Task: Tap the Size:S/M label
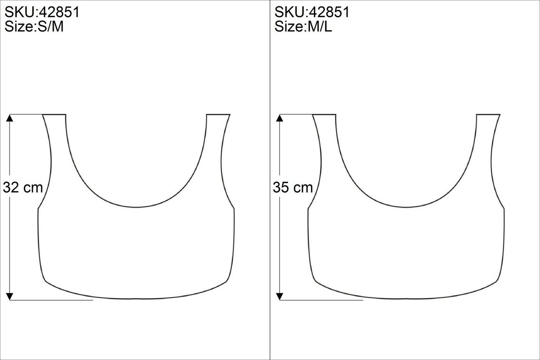click(x=34, y=27)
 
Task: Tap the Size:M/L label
click(x=303, y=27)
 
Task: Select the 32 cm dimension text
click(x=23, y=187)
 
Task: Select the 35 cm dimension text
click(x=293, y=187)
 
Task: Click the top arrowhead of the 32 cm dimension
click(x=10, y=118)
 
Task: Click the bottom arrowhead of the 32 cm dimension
click(x=10, y=296)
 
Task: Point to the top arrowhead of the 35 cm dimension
click(x=280, y=118)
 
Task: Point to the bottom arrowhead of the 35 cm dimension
click(x=280, y=296)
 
